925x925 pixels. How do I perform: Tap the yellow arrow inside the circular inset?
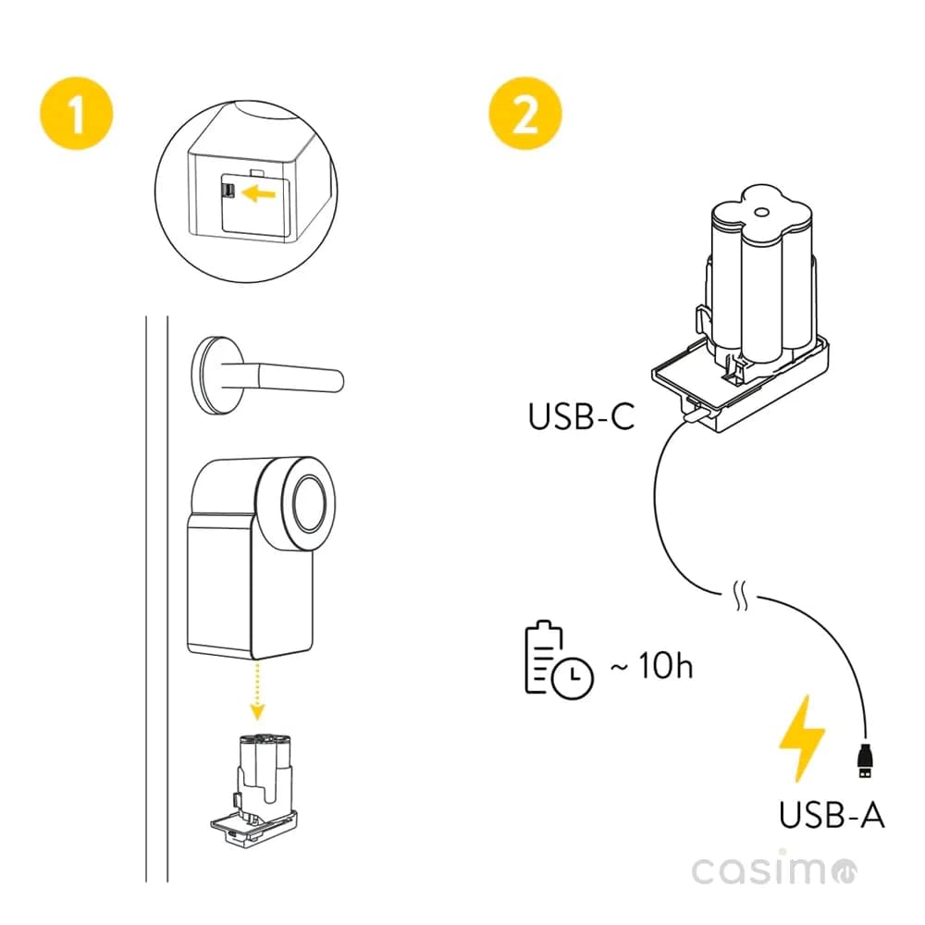(x=262, y=192)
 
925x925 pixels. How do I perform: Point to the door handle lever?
(x=296, y=376)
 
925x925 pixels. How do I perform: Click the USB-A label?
(x=832, y=815)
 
